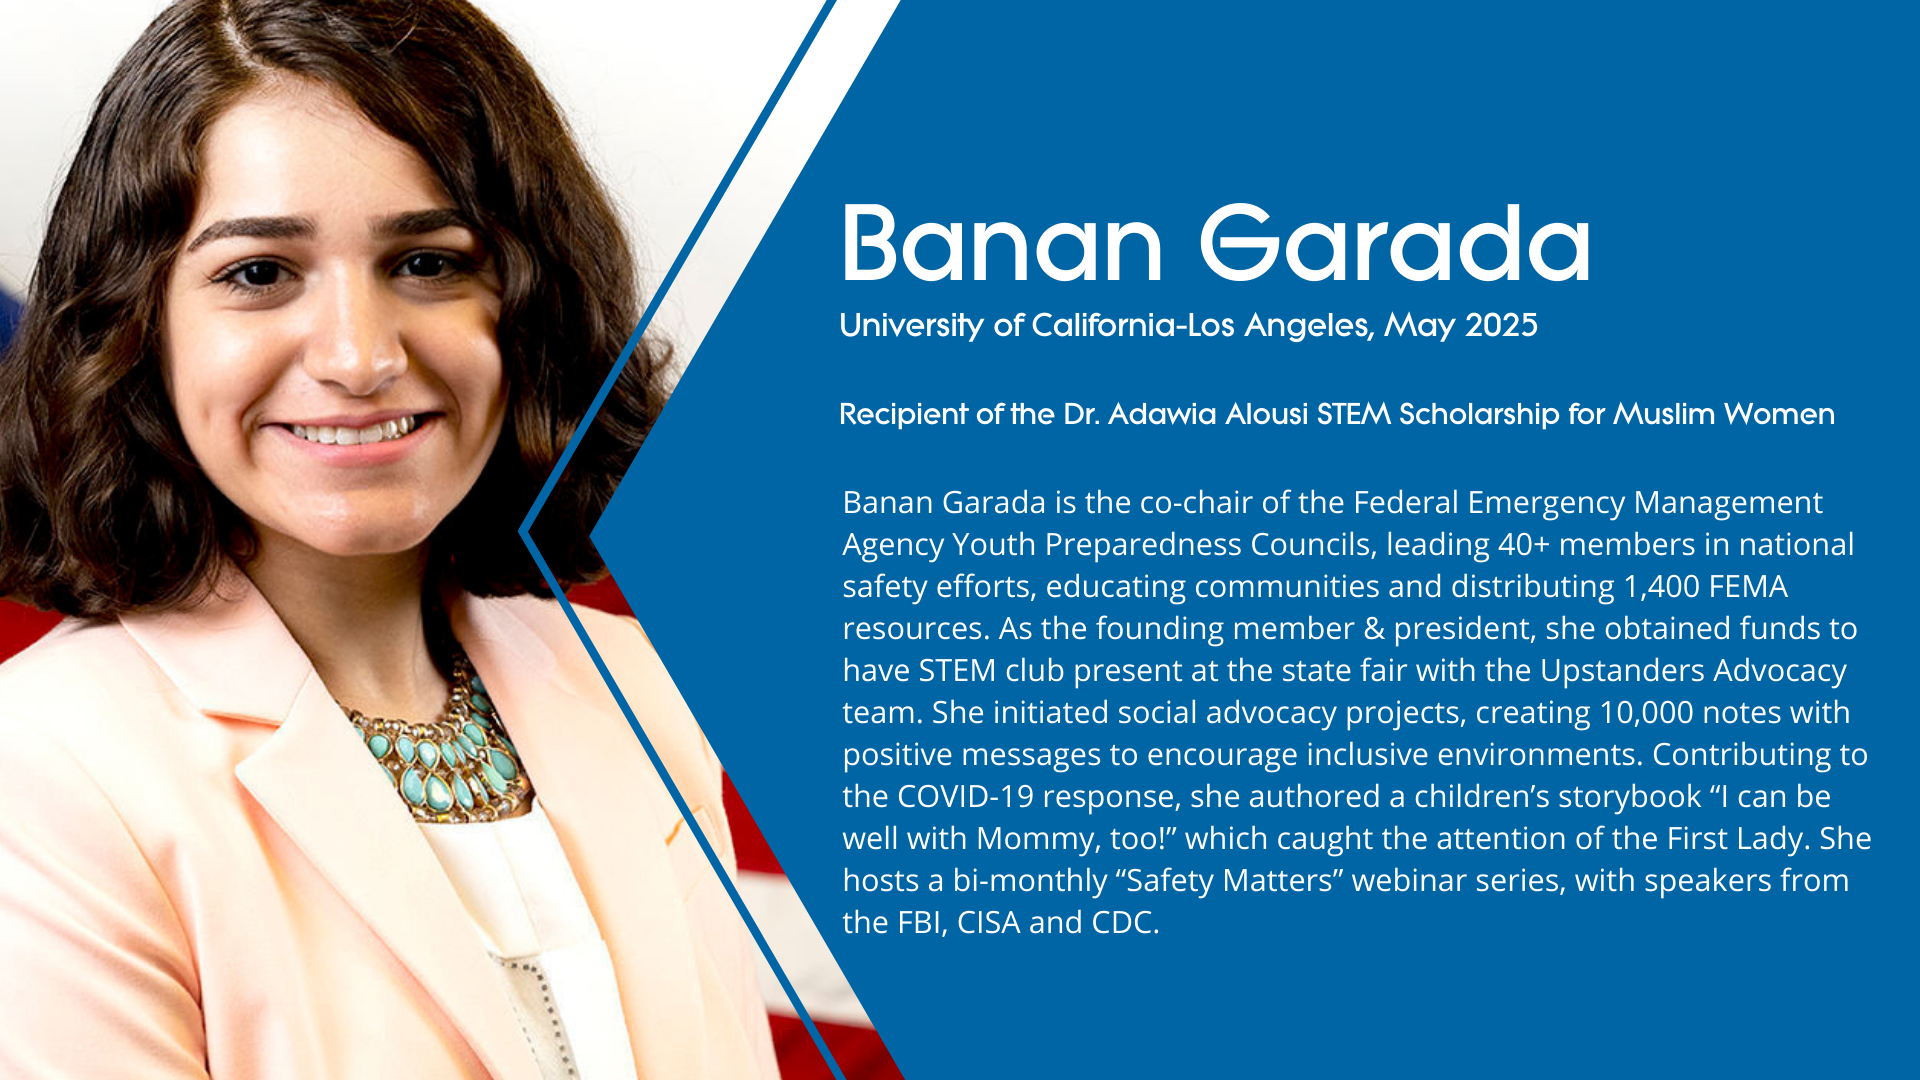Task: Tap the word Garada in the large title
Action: pos(1395,243)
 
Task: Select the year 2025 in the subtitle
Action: pos(1501,325)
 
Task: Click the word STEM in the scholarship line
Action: pos(1354,414)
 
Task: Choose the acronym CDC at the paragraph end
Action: pos(1125,922)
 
